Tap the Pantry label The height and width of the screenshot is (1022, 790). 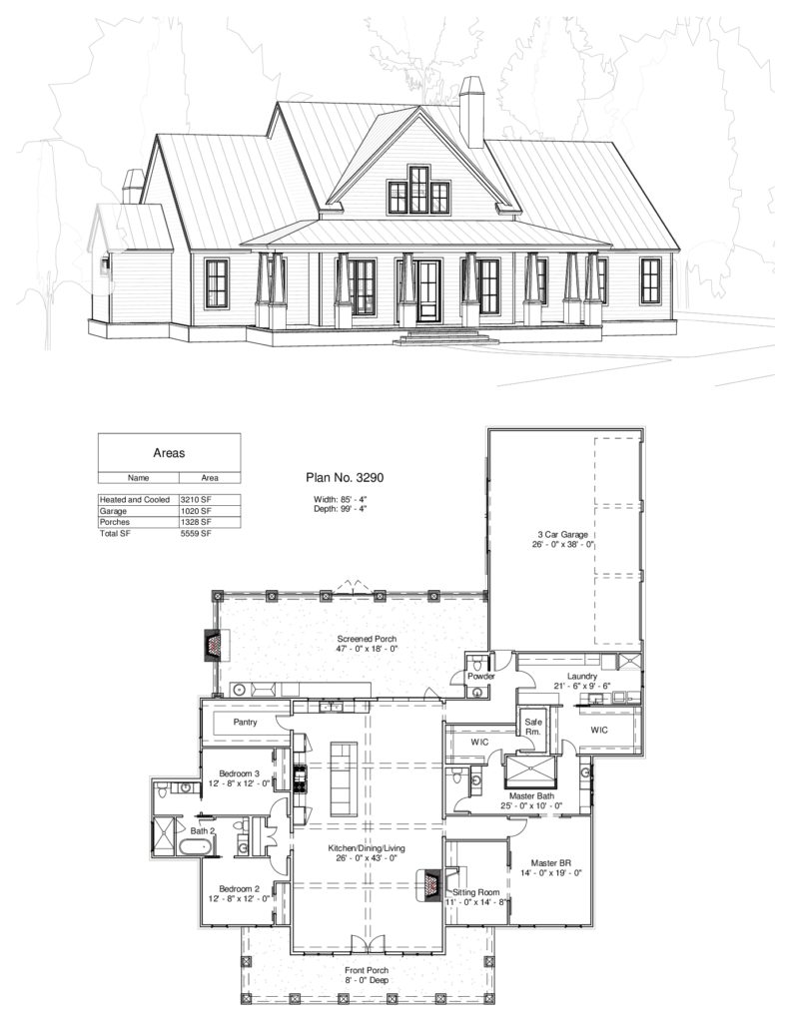click(247, 721)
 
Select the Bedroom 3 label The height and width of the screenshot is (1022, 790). click(240, 774)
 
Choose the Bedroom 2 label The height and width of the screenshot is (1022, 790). click(240, 887)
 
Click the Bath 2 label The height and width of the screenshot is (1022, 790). click(204, 830)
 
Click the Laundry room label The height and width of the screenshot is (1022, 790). click(580, 676)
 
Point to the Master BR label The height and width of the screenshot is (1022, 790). click(549, 862)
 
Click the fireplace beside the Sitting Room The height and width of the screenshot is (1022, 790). click(430, 883)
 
